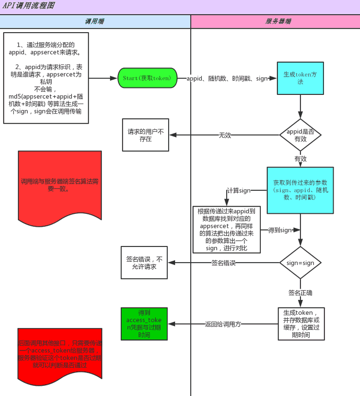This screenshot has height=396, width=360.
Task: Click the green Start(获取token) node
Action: [147, 78]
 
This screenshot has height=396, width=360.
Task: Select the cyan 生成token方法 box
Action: [300, 78]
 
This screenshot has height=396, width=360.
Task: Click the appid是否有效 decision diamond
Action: [300, 135]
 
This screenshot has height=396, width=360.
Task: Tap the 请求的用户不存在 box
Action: [145, 135]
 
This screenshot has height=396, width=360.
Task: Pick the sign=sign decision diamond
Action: [300, 263]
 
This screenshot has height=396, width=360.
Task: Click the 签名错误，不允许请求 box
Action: [145, 263]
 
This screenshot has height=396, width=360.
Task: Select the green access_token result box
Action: [145, 324]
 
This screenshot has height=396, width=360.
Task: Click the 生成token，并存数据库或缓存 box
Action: [301, 324]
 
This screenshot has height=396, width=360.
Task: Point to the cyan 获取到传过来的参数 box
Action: [300, 190]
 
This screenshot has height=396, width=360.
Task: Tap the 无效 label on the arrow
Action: [225, 135]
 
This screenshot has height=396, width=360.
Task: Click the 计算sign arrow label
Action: [239, 190]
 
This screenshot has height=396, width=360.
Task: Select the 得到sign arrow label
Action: [279, 230]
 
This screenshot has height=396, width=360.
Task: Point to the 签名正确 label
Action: [300, 292]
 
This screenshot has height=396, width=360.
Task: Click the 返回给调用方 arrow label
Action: [223, 324]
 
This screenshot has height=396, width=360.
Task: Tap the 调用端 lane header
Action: [95, 22]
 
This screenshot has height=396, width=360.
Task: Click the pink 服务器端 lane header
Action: [275, 22]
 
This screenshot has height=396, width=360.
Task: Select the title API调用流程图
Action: [29, 6]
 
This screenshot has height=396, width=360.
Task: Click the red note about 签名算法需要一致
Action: [60, 185]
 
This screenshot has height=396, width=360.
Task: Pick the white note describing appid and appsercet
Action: [46, 78]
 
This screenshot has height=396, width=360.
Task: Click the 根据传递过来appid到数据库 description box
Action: [227, 230]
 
